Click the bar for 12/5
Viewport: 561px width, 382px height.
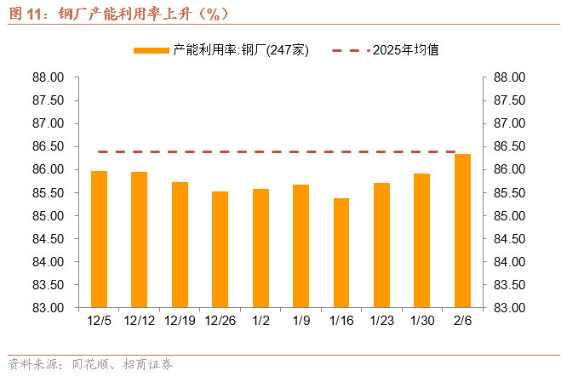click(x=99, y=239)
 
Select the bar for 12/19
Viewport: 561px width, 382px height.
click(x=180, y=245)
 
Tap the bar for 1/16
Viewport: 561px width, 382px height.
click(x=341, y=253)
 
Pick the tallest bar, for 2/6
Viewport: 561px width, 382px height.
click(x=462, y=231)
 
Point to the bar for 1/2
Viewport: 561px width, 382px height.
click(x=260, y=248)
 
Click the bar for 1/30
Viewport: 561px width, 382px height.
click(x=422, y=241)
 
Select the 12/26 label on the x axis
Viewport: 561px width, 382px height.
click(x=220, y=321)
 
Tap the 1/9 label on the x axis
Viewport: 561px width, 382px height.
click(x=301, y=321)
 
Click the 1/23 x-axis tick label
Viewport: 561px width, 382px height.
click(x=381, y=321)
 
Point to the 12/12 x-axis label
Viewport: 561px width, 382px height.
click(x=140, y=321)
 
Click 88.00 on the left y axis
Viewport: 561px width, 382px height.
click(x=48, y=77)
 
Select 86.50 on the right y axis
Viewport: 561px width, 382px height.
click(x=509, y=146)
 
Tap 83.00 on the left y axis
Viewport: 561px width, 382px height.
click(x=48, y=308)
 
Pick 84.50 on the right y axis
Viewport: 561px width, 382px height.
click(x=509, y=238)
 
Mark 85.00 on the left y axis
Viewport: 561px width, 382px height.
click(x=48, y=216)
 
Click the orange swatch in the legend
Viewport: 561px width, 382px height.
click(x=152, y=50)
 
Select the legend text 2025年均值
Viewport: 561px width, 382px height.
click(x=406, y=50)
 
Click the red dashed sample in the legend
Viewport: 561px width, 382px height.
click(x=351, y=50)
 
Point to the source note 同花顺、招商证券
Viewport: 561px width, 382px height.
click(x=123, y=364)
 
